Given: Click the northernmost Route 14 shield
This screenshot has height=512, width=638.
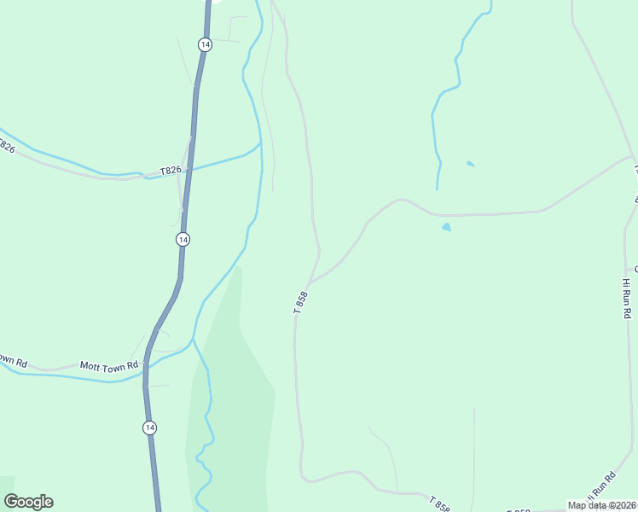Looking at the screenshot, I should tap(204, 44).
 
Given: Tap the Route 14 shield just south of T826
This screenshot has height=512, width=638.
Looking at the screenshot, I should tap(183, 240).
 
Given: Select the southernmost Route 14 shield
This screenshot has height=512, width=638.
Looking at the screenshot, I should tap(149, 428).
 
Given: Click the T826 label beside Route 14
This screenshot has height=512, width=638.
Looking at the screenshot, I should tap(170, 171).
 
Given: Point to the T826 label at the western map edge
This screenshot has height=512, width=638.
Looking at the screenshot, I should tap(6, 147).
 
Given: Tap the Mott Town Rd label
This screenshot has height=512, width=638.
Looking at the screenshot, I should tap(109, 365).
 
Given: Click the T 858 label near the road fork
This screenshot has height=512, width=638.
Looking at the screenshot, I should tap(300, 303).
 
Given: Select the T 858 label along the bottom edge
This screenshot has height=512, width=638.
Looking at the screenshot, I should tap(439, 504).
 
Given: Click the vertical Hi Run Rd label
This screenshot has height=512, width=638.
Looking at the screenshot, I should tap(626, 297).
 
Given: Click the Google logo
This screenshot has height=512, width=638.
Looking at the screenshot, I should tap(28, 501).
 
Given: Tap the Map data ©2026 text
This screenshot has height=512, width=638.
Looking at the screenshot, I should tap(601, 505).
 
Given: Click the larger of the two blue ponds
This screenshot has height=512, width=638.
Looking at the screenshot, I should tap(446, 227).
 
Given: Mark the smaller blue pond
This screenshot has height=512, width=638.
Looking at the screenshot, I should tap(470, 163).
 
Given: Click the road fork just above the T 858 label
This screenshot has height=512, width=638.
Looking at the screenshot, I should tap(310, 282).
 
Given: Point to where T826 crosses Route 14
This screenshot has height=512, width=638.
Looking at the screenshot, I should tap(189, 168).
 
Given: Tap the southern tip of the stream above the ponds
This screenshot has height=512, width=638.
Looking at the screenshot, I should tap(438, 189).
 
